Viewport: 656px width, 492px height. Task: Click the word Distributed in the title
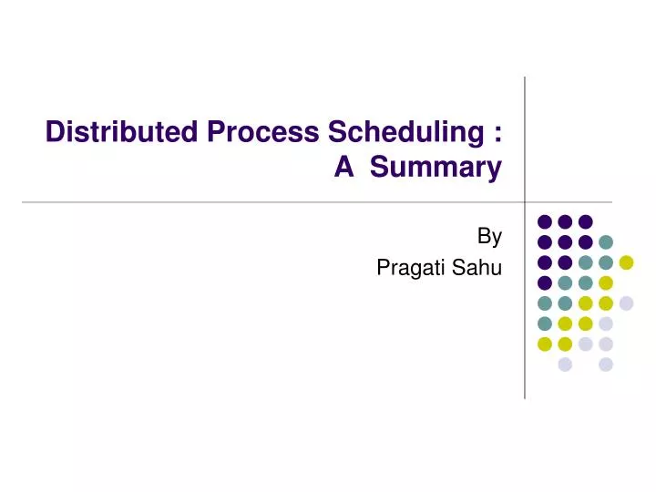point(122,133)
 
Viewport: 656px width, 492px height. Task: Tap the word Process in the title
point(259,133)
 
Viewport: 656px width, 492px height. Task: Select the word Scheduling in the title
point(400,133)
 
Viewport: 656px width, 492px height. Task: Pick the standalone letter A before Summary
point(343,168)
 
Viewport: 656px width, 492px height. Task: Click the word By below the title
point(489,237)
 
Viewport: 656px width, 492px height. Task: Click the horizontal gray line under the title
point(273,201)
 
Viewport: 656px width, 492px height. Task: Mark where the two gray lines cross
point(525,201)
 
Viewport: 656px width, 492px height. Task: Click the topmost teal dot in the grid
point(606,242)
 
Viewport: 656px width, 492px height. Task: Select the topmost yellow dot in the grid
point(626,262)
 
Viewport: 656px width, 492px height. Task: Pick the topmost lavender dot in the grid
point(626,303)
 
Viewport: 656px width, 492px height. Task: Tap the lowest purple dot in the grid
point(545,282)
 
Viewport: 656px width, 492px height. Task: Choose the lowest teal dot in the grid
point(545,323)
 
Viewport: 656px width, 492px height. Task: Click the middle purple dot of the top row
point(565,221)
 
